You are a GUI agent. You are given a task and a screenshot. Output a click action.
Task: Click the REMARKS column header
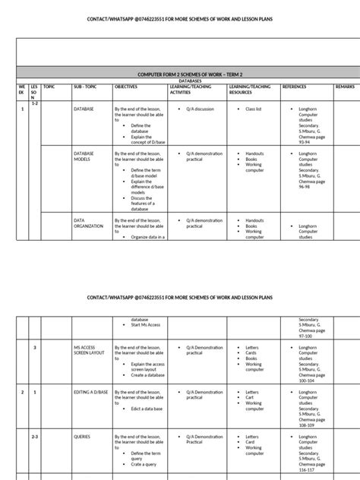pyautogui.click(x=344, y=87)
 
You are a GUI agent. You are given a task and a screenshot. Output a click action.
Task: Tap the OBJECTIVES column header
pyautogui.click(x=126, y=87)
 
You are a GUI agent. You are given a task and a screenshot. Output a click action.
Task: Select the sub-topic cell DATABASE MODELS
pyautogui.click(x=84, y=156)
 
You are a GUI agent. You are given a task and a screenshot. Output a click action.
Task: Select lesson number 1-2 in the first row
pyautogui.click(x=34, y=102)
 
